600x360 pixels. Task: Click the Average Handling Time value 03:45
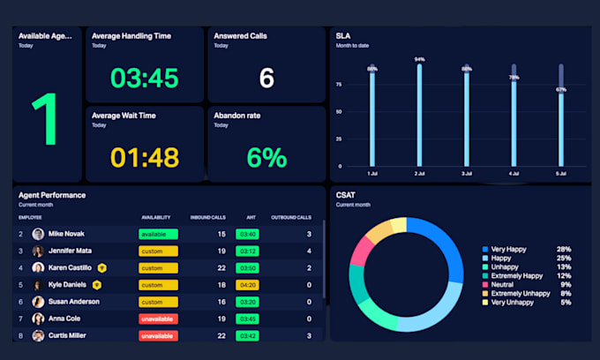click(x=145, y=79)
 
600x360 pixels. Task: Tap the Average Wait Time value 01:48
click(x=145, y=158)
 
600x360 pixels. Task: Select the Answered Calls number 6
click(x=266, y=79)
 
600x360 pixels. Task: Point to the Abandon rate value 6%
click(x=266, y=158)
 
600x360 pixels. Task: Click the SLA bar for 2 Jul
click(x=419, y=115)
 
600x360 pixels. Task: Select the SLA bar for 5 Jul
click(x=560, y=129)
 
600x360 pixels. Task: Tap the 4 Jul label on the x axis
click(x=514, y=174)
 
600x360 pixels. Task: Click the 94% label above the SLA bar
click(x=419, y=60)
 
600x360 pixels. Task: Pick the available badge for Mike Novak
click(x=158, y=234)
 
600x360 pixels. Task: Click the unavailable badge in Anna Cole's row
click(x=158, y=319)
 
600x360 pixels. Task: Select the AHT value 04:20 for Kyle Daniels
click(x=247, y=285)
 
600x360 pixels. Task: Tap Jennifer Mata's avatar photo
click(x=38, y=251)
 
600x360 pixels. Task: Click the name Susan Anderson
click(x=72, y=302)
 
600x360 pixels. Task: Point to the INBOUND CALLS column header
click(x=208, y=217)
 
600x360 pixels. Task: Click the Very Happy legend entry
click(x=510, y=250)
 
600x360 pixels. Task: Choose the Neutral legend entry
click(x=505, y=284)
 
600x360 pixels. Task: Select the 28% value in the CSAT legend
click(x=564, y=250)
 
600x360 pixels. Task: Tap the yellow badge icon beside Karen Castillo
click(x=102, y=267)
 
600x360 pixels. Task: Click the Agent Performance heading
click(x=52, y=194)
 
